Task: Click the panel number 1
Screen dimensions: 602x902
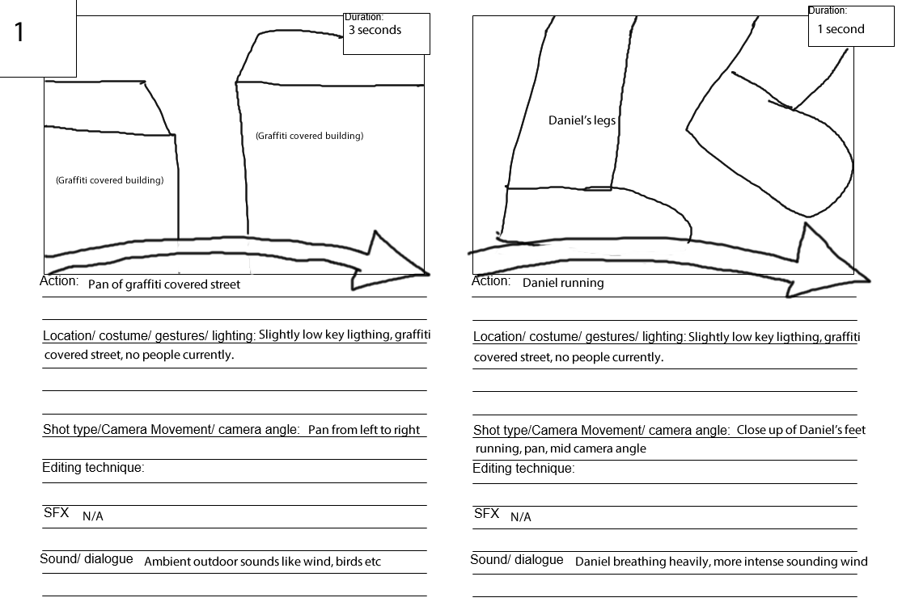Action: tap(19, 32)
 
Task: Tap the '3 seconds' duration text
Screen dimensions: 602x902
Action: tap(375, 30)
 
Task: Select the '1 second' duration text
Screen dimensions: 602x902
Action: tap(841, 29)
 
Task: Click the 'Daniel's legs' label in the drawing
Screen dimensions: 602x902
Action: tap(582, 120)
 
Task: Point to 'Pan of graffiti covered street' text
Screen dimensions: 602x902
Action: tap(164, 284)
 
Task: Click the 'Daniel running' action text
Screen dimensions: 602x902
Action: tap(563, 284)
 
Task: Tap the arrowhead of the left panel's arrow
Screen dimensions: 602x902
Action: tap(396, 263)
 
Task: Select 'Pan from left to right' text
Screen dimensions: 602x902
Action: tap(364, 430)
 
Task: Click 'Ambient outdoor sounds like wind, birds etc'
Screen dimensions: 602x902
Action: tap(262, 562)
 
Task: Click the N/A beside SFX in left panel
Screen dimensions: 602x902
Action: tap(93, 516)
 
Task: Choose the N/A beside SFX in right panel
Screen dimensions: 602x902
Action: tap(521, 517)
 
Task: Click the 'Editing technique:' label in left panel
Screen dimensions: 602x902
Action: tap(93, 468)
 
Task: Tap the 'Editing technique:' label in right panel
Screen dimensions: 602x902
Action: tap(523, 469)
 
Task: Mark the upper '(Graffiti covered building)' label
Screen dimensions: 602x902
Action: tap(309, 136)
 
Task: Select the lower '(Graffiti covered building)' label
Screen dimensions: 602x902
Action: tap(109, 180)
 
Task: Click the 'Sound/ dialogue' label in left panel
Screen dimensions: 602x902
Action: tap(87, 559)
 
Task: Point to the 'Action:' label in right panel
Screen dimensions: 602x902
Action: tap(491, 281)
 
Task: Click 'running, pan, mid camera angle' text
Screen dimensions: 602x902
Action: tap(561, 448)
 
